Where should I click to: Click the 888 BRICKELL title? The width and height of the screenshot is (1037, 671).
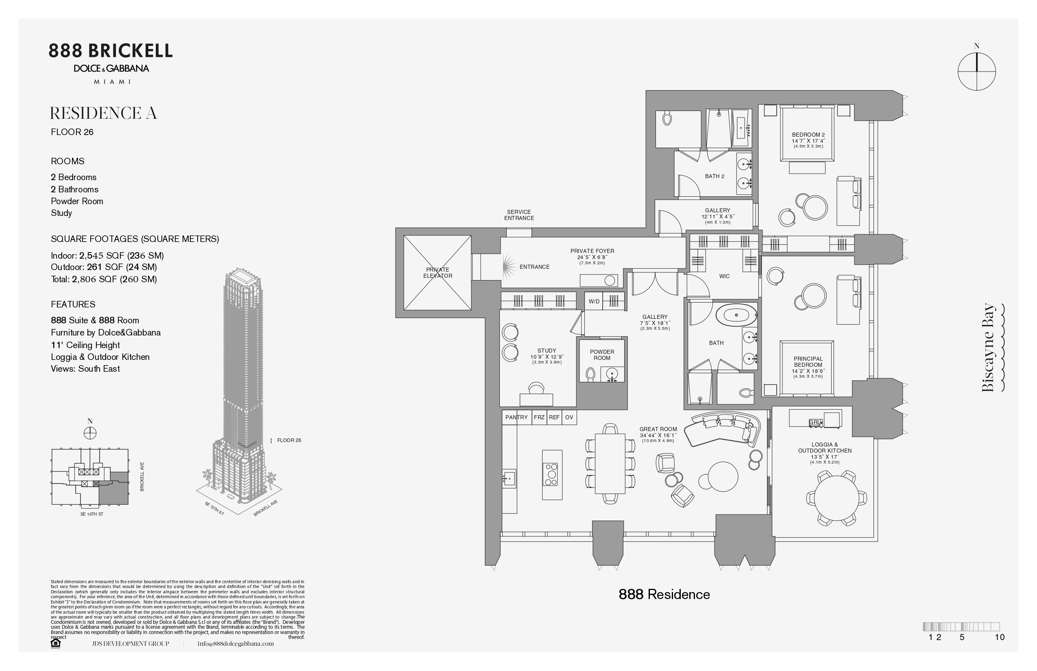pyautogui.click(x=111, y=51)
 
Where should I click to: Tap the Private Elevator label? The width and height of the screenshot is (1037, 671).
pyautogui.click(x=438, y=273)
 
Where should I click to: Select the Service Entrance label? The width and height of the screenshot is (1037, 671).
pyautogui.click(x=519, y=215)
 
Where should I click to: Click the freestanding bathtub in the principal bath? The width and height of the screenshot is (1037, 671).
pyautogui.click(x=736, y=315)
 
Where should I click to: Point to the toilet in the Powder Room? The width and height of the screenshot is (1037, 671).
pyautogui.click(x=590, y=374)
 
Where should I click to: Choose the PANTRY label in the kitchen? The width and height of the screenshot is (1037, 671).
pyautogui.click(x=516, y=417)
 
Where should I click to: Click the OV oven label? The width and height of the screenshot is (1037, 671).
pyautogui.click(x=569, y=417)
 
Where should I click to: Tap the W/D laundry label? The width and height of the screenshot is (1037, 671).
pyautogui.click(x=594, y=301)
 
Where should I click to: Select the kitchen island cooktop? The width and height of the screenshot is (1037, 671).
pyautogui.click(x=551, y=475)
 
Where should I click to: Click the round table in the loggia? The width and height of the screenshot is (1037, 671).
pyautogui.click(x=836, y=498)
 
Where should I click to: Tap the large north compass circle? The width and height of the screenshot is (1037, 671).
pyautogui.click(x=976, y=72)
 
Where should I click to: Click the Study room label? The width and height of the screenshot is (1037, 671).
pyautogui.click(x=547, y=351)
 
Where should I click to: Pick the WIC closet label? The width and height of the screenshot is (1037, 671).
pyautogui.click(x=724, y=276)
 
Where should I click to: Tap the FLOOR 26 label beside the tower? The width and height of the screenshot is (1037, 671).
pyautogui.click(x=289, y=440)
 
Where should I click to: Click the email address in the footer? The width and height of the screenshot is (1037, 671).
pyautogui.click(x=236, y=643)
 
